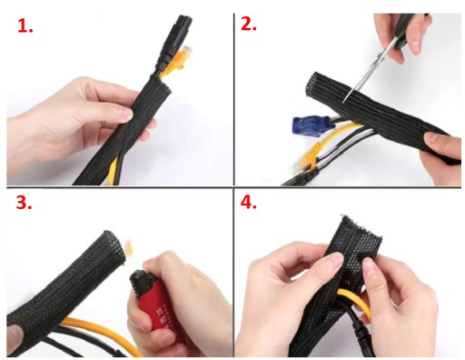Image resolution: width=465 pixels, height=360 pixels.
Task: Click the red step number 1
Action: [x=25, y=26]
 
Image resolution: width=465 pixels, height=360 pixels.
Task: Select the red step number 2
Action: [x=249, y=24]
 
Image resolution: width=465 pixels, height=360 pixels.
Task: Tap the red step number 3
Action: [x=24, y=202]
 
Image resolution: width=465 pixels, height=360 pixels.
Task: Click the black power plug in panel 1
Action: [x=174, y=41]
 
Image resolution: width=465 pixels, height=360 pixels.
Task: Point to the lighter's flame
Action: [x=129, y=248]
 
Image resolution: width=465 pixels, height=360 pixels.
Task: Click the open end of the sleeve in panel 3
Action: [x=116, y=247]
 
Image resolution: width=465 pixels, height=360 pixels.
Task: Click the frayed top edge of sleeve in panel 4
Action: [x=361, y=225]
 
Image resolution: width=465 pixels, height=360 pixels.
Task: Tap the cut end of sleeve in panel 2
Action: [x=312, y=84]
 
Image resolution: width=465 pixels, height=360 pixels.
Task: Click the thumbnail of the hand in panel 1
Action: [x=124, y=115]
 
